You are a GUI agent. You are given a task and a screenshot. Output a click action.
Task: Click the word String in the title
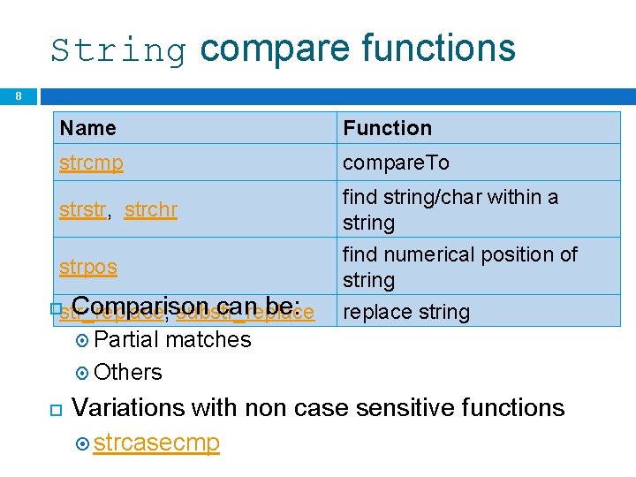(x=118, y=49)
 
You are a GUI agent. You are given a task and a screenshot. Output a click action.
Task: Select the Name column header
(x=88, y=128)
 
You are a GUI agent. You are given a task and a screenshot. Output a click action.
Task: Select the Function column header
(x=387, y=128)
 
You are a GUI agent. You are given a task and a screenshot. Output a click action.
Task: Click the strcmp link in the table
(x=91, y=163)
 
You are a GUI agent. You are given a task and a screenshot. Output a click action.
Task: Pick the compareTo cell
(x=396, y=163)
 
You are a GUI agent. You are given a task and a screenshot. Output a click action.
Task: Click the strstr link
(x=83, y=210)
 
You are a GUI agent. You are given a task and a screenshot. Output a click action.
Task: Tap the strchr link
(x=151, y=210)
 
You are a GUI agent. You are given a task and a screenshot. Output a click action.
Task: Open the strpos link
(x=88, y=267)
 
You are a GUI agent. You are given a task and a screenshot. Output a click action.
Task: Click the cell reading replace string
(x=406, y=312)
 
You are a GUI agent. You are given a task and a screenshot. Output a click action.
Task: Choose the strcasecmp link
(x=156, y=443)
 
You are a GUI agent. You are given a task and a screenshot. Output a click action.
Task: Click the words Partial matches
(x=172, y=340)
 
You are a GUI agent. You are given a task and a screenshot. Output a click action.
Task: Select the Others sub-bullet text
(x=128, y=373)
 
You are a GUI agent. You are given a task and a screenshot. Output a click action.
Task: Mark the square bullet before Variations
(x=54, y=409)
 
